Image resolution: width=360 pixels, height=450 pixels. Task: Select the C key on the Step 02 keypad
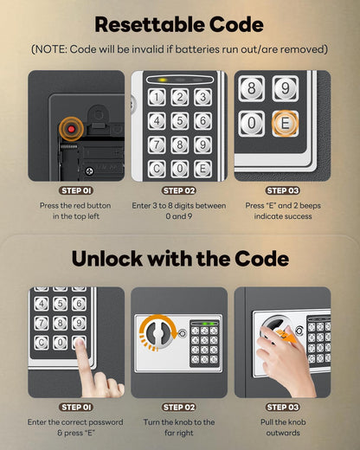click(157, 168)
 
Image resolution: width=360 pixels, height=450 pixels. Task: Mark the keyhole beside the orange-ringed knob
click(182, 333)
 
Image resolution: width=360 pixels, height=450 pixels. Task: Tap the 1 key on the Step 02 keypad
click(157, 99)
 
